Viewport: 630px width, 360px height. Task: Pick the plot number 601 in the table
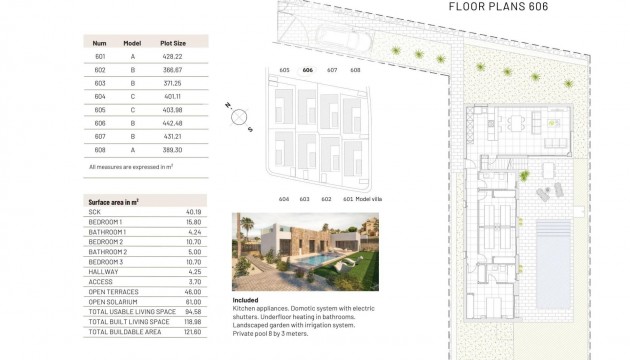click(x=100, y=57)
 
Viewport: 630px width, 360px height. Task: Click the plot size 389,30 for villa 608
click(x=173, y=149)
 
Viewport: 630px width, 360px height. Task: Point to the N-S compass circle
click(x=239, y=116)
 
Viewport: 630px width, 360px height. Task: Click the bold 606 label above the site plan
click(x=308, y=70)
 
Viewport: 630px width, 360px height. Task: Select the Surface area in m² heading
click(x=113, y=201)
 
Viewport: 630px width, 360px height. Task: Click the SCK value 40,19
click(x=194, y=212)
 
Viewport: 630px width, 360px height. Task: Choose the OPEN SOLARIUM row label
click(x=110, y=300)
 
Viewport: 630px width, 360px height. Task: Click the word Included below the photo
click(x=245, y=299)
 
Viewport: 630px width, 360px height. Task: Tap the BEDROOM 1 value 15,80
click(x=194, y=221)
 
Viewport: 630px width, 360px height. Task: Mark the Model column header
click(x=133, y=43)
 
